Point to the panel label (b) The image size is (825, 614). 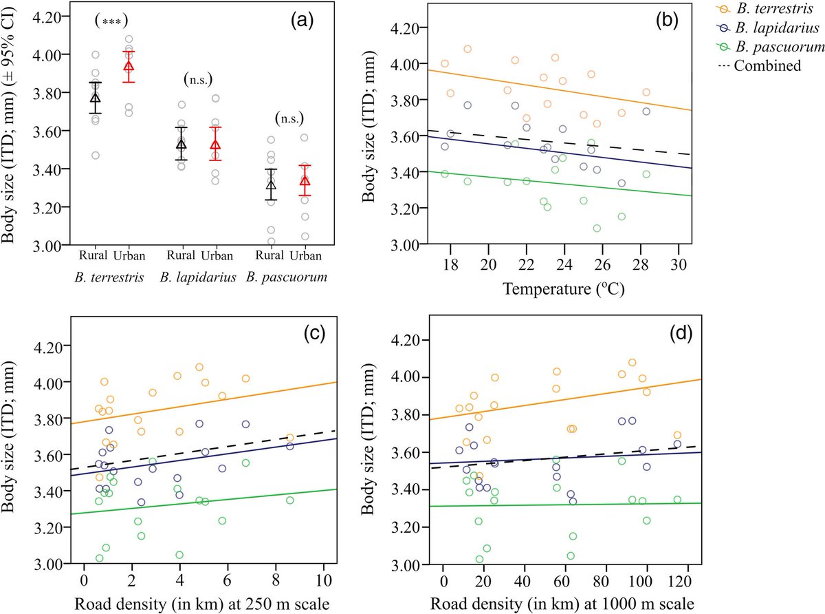[667, 20]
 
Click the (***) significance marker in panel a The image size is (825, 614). [111, 21]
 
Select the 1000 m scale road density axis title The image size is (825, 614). [563, 603]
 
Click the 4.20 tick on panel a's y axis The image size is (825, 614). [47, 16]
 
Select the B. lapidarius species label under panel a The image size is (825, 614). [198, 277]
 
